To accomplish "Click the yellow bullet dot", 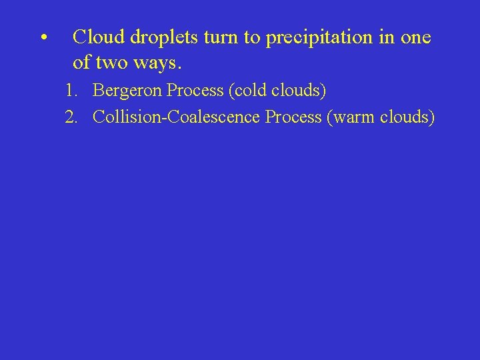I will (x=42, y=38).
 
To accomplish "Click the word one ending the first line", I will (x=416, y=38).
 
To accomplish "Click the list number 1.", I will (x=71, y=90).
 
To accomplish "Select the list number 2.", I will (x=71, y=117).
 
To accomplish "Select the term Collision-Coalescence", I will (x=177, y=117).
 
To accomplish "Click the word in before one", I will (x=387, y=37).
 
